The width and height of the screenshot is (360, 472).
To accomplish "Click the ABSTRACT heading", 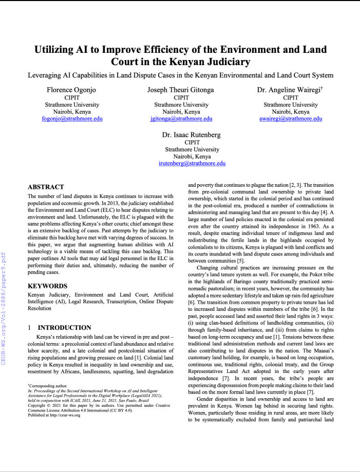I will pyautogui.click(x=46, y=187).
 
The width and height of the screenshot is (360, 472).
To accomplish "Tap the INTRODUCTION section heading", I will pyautogui.click(x=65, y=327).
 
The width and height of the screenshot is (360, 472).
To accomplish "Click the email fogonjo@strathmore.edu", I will pyautogui.click(x=72, y=119).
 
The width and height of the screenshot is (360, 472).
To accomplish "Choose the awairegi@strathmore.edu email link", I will pyautogui.click(x=290, y=119).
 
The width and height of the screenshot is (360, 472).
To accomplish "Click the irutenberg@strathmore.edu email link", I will pyautogui.click(x=192, y=164).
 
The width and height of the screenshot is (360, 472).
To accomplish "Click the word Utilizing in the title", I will pyautogui.click(x=58, y=50).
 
